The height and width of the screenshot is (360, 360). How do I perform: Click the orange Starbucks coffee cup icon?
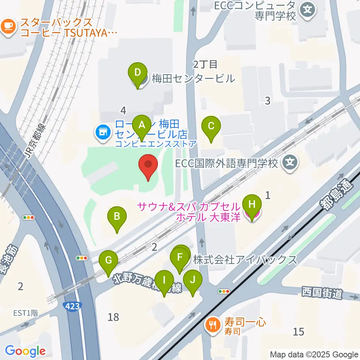(x=9, y=27)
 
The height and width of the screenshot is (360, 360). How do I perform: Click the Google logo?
(x=25, y=351)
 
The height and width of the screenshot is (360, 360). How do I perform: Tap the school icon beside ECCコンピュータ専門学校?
(x=308, y=8)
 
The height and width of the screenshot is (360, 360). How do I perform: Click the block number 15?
(x=298, y=331)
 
